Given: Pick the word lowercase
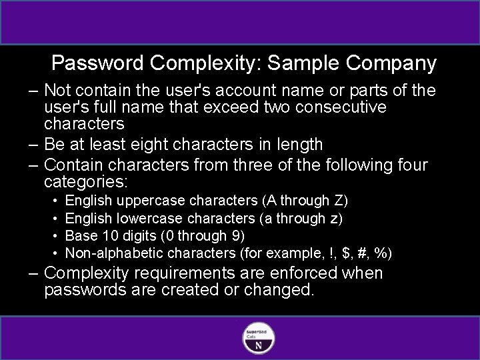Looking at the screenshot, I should (x=150, y=218).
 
